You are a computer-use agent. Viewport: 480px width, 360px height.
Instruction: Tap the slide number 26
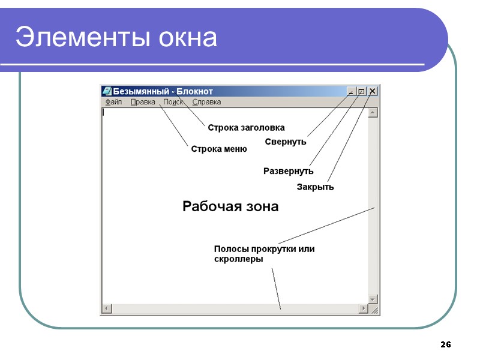pos(445,344)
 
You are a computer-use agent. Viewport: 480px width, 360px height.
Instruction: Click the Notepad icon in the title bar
pos(107,91)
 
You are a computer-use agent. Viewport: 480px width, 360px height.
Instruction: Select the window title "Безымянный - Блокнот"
pos(163,91)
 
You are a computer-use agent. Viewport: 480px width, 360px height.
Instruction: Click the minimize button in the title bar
pos(351,91)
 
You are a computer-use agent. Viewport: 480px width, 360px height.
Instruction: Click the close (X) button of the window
pos(373,91)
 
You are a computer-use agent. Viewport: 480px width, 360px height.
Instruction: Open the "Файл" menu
pos(113,102)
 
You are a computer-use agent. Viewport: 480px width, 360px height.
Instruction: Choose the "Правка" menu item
pos(143,102)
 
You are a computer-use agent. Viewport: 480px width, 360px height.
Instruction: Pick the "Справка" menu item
pos(206,102)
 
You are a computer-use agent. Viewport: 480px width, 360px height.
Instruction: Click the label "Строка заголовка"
pos(246,127)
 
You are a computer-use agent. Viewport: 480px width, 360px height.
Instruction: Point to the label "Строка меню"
pos(219,149)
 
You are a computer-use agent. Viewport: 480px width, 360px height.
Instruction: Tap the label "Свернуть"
pos(286,142)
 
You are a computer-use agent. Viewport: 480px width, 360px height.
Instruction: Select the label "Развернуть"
pos(288,171)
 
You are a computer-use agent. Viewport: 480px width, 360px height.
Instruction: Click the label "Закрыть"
pos(315,187)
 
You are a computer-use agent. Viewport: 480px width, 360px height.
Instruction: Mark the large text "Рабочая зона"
pos(230,206)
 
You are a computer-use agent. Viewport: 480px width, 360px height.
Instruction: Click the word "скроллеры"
pos(238,259)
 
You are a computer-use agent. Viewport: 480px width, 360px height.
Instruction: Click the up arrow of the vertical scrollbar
pos(373,112)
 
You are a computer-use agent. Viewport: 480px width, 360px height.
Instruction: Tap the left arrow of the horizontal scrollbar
pos(106,308)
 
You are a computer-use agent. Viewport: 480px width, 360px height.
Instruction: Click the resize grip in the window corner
pos(373,310)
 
